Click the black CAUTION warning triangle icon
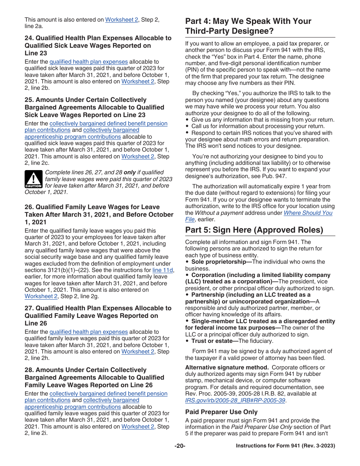tap(33, 179)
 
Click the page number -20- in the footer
tap(180, 446)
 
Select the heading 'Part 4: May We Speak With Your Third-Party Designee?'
tap(248, 26)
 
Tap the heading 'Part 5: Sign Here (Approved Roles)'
tap(254, 230)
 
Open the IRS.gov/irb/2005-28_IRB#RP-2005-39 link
tap(235, 400)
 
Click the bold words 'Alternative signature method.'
tap(227, 367)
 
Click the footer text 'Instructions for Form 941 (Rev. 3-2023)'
tap(285, 446)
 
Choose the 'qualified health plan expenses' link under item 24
tap(89, 62)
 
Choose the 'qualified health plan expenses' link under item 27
tap(89, 332)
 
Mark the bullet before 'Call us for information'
tap(187, 127)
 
